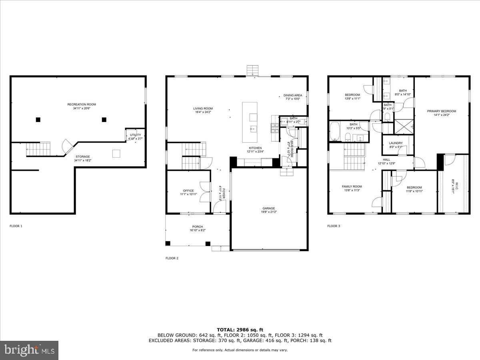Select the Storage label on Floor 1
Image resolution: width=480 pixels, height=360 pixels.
[82, 156]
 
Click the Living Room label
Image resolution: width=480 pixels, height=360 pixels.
[203, 108]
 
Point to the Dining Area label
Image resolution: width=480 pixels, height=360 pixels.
[293, 95]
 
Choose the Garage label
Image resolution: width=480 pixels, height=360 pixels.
[269, 208]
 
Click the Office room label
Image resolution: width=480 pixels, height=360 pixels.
[188, 191]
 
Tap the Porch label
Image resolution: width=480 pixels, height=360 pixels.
[198, 226]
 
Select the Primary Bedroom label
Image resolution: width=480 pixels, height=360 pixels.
[441, 111]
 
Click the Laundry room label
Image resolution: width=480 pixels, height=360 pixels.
[396, 143]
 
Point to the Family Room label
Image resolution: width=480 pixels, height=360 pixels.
[352, 187]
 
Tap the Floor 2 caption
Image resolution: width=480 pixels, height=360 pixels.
[172, 258]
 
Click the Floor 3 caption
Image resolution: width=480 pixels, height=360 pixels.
[334, 226]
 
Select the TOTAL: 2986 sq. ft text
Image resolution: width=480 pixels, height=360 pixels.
[240, 330]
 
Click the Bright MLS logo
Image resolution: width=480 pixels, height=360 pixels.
[29, 350]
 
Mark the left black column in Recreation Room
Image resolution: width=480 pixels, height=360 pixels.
[38, 119]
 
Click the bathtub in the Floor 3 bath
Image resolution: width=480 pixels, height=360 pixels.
[335, 132]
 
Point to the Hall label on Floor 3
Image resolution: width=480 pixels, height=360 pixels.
[386, 159]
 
